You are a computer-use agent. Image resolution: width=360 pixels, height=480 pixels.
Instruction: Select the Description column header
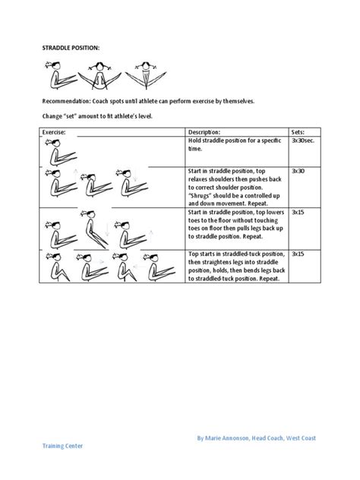204,132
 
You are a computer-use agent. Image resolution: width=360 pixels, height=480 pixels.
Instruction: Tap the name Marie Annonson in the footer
228,438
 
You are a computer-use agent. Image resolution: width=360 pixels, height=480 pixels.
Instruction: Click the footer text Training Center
62,447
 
